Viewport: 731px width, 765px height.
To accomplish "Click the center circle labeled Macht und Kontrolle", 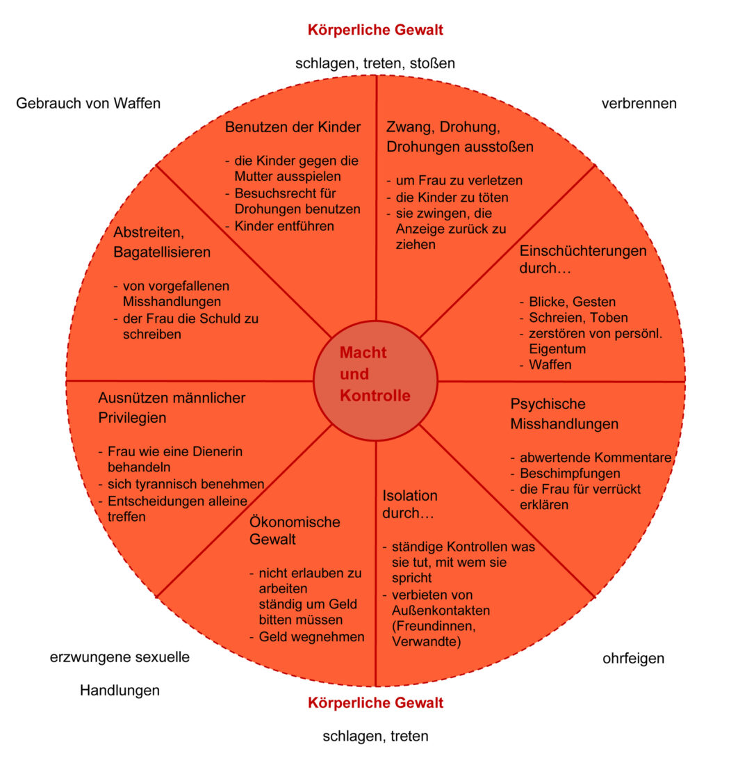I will pos(375,380).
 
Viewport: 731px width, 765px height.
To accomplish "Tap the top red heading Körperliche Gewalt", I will pos(375,30).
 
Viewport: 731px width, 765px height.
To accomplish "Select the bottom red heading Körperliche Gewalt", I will pos(375,702).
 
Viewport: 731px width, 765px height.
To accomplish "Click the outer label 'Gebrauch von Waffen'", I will pos(88,103).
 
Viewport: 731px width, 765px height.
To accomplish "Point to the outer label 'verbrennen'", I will pos(639,103).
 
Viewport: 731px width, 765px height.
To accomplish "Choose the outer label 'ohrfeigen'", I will pos(633,658).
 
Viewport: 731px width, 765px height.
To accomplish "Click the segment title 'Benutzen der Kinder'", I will pos(293,127).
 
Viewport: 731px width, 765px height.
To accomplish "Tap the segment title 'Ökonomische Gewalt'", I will pos(295,530).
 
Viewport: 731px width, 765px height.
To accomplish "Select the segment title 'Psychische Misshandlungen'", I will pos(564,414).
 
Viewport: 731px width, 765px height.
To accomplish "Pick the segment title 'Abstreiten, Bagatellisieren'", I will pos(162,243).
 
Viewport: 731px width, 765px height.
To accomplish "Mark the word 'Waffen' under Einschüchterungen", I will pos(550,364).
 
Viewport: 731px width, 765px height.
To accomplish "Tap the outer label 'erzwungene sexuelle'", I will pos(120,657).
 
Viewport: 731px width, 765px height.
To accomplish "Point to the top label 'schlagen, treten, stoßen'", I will pos(375,63).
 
